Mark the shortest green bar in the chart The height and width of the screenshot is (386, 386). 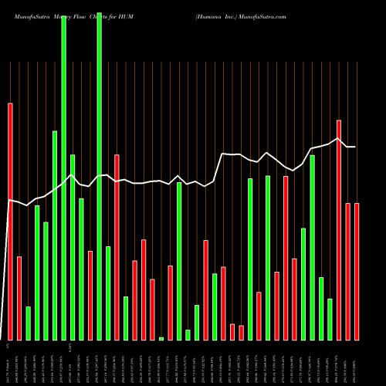(161, 338)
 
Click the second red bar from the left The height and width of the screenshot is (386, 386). (19, 298)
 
